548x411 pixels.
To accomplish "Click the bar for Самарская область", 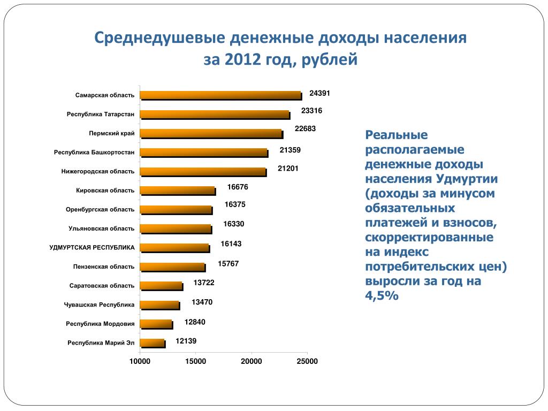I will coord(220,95).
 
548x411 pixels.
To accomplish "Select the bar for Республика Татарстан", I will coord(215,115).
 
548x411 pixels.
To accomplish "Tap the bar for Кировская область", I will coord(178,191).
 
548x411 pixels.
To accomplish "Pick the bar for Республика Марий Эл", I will coord(153,342).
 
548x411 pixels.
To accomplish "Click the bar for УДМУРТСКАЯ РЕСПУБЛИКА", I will coord(174,248).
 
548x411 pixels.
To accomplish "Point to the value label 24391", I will coord(319,93).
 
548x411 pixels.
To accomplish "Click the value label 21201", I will coord(288,169).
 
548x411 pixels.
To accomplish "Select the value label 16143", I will coord(231,243).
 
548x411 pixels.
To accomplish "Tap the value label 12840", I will coord(195,322).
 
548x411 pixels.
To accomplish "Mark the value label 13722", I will coord(204,282).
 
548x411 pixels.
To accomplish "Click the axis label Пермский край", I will coord(111,133).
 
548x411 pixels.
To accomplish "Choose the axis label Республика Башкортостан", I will coord(94,153).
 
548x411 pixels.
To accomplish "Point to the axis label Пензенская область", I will coord(104,267).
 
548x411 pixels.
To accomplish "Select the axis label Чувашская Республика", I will coord(99,305).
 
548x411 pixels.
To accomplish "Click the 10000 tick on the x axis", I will coord(140,361).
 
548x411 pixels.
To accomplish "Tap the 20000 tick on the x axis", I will coord(251,361).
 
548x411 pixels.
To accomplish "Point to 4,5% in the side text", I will coord(382,295).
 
